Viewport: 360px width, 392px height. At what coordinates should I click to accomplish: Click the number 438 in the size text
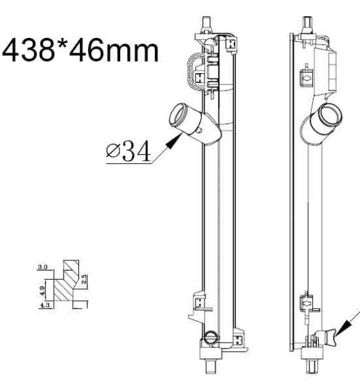28,51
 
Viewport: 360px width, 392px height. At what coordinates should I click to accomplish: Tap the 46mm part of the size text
114,51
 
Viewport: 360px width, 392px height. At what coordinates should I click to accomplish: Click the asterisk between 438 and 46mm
62,46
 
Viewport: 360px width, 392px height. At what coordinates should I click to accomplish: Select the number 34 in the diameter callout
136,150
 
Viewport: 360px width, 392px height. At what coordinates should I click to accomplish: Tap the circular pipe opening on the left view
179,116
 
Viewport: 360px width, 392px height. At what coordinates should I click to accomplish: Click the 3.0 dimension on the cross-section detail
42,267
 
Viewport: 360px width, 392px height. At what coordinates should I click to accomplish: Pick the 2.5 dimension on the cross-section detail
84,280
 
